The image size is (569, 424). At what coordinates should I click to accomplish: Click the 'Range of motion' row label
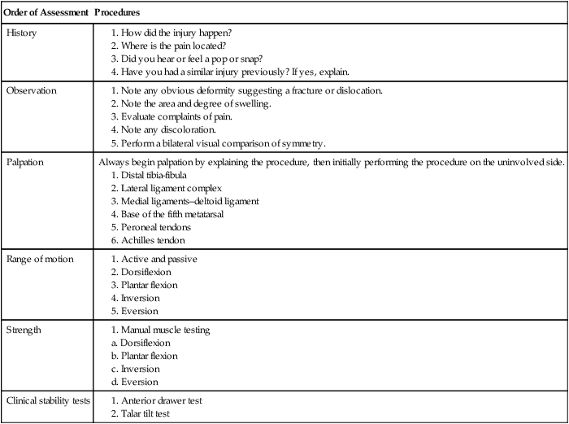41,259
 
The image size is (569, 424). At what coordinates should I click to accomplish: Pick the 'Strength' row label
24,330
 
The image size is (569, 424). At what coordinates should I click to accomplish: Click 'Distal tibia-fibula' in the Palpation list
162,175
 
